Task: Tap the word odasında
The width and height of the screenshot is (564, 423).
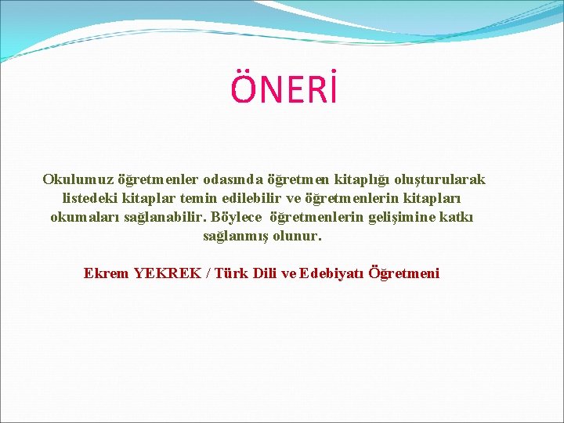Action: click(234, 180)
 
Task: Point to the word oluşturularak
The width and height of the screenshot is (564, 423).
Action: click(439, 180)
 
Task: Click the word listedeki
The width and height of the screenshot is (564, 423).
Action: click(89, 199)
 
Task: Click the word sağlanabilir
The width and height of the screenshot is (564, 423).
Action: click(166, 217)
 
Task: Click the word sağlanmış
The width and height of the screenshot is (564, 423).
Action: click(235, 236)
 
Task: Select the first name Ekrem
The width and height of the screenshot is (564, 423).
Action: click(107, 273)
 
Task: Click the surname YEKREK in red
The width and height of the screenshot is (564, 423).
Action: click(167, 273)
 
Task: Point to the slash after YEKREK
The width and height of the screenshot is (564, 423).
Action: click(208, 273)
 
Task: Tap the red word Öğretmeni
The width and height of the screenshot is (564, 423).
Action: click(404, 273)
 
